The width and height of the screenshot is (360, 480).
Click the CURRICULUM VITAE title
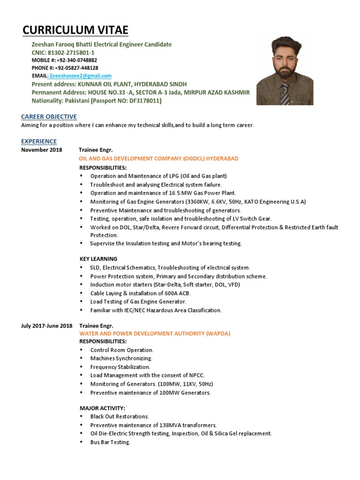point(75,31)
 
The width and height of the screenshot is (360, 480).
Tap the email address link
point(80,75)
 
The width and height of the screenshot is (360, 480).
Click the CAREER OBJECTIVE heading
point(49,117)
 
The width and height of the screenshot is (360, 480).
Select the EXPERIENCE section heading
point(39,141)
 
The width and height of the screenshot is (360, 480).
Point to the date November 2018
point(41,150)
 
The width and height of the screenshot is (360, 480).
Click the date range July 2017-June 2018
point(47,325)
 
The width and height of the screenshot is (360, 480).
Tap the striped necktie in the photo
point(285,94)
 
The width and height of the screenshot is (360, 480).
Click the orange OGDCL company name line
point(158,158)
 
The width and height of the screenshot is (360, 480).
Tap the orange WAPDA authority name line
point(155,333)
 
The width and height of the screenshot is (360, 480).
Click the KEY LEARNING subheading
point(98,259)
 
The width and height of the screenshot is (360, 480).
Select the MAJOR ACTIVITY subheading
point(102,408)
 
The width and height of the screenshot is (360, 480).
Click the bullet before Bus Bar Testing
point(82,442)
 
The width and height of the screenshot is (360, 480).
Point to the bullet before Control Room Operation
point(82,350)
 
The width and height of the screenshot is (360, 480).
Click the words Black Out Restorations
point(120,416)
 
